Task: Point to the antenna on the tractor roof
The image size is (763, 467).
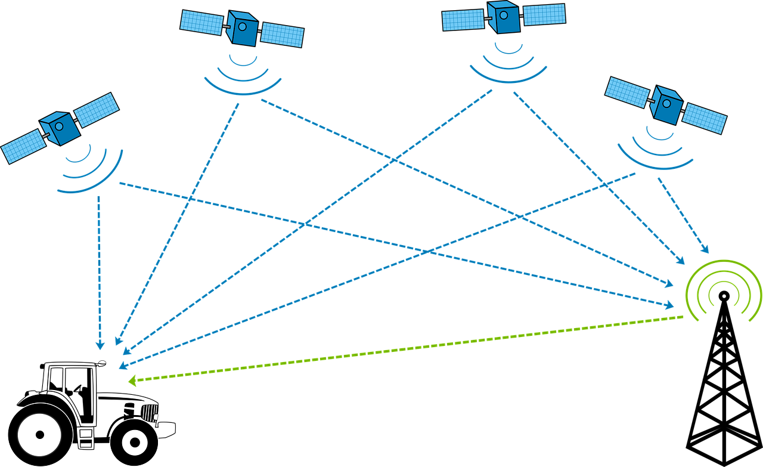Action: click(x=102, y=361)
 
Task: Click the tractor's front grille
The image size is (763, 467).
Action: click(x=149, y=412)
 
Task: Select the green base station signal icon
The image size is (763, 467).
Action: click(x=723, y=290)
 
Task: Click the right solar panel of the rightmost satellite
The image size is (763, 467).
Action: click(x=705, y=119)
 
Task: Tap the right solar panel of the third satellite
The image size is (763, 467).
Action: click(x=544, y=14)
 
